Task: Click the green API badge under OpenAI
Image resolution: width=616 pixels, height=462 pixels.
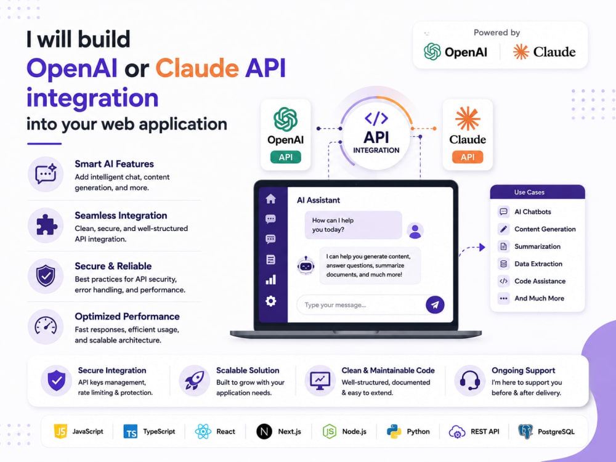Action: (286, 157)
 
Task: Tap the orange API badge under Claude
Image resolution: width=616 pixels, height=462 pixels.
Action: (468, 157)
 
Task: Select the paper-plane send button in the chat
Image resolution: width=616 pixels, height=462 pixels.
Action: (435, 305)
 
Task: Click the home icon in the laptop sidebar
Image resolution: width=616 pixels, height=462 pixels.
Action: (270, 199)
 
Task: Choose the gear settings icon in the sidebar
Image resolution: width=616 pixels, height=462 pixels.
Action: (270, 301)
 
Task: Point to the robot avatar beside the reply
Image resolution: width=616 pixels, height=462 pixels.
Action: (306, 266)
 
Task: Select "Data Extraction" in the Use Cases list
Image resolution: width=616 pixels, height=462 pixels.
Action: (538, 264)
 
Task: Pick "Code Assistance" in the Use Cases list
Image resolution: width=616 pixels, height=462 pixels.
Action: (540, 282)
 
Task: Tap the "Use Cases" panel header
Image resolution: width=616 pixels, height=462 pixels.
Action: (537, 192)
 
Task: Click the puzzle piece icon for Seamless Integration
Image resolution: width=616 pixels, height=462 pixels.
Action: (46, 225)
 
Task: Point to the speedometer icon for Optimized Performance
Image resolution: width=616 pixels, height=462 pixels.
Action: (46, 326)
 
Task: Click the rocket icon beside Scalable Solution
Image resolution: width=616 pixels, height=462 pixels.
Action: (195, 380)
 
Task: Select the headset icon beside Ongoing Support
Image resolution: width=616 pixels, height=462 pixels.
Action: (470, 380)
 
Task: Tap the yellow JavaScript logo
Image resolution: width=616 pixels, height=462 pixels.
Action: (60, 431)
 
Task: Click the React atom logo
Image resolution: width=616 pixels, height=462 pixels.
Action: (203, 431)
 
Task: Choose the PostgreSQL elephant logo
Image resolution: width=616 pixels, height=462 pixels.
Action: (525, 431)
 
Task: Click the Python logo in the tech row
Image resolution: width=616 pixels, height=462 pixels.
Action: (394, 431)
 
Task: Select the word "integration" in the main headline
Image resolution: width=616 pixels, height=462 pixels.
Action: (92, 98)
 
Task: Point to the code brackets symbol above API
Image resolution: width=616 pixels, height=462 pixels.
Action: (376, 118)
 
